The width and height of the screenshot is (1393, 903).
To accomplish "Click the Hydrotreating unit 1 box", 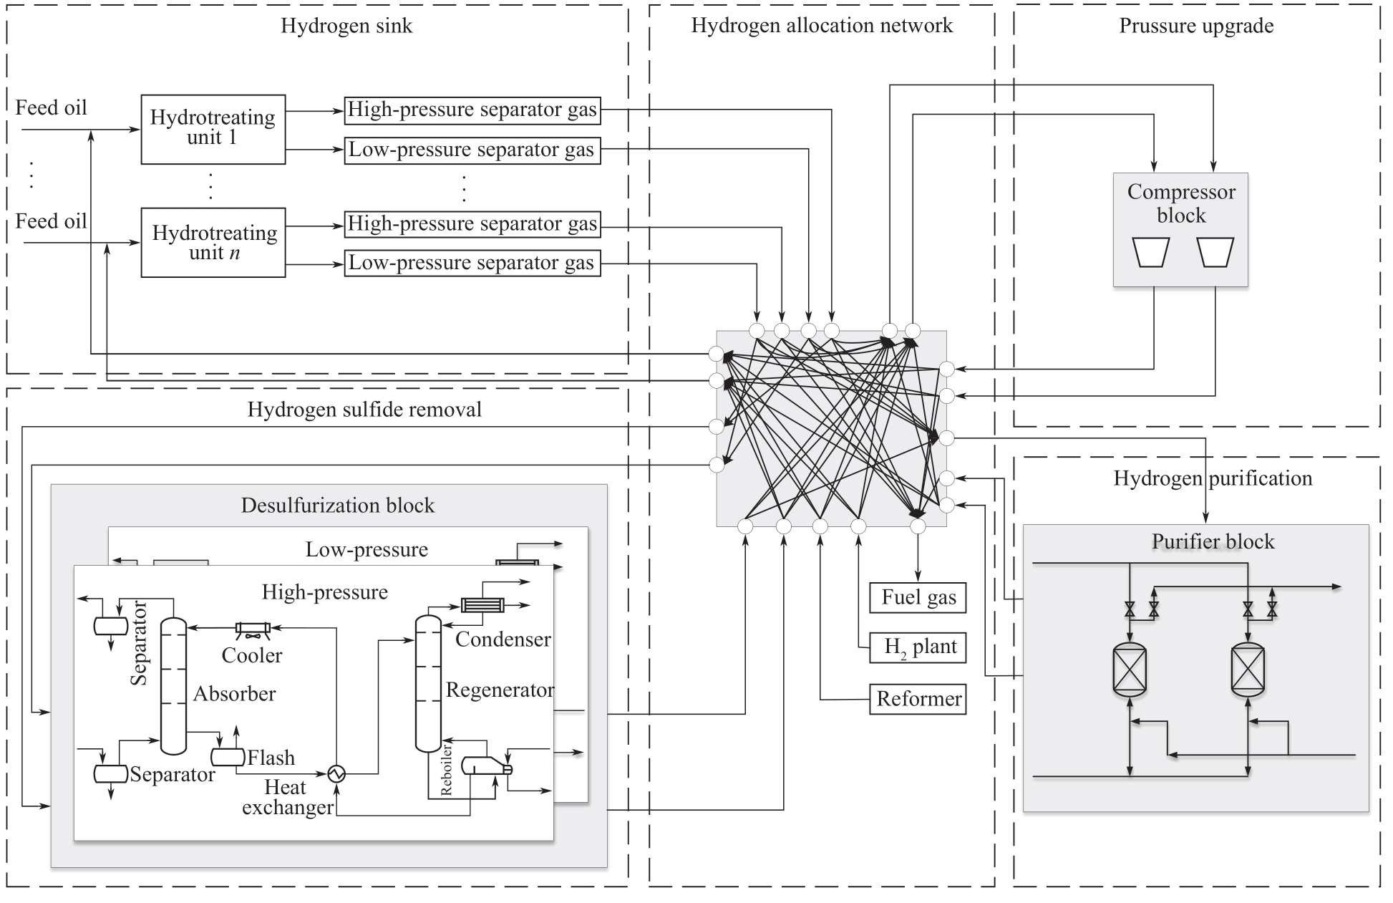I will click(213, 129).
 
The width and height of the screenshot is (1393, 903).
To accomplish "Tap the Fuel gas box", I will click(918, 598).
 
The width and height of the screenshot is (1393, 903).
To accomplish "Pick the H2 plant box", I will click(918, 647).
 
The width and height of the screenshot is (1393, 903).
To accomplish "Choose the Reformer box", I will click(918, 699).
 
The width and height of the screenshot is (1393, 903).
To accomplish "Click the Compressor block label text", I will click(1180, 203).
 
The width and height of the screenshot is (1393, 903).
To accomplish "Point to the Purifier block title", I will click(1213, 541).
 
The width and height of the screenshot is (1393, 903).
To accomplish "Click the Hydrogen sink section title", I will click(346, 26).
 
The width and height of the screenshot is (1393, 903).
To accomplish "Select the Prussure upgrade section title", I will click(1196, 26).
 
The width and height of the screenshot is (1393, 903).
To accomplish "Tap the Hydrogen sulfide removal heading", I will click(364, 410).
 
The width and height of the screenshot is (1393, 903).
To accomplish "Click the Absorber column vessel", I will click(173, 686).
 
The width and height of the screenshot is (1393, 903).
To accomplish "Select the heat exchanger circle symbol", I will click(336, 773).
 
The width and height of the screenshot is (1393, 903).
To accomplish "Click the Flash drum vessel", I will click(227, 757).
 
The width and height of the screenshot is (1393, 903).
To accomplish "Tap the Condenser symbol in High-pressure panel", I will click(482, 605).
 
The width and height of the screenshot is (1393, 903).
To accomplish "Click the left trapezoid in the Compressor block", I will click(1151, 252).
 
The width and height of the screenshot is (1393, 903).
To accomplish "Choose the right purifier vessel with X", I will click(1247, 669).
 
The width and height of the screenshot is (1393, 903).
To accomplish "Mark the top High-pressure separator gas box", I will click(472, 110).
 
